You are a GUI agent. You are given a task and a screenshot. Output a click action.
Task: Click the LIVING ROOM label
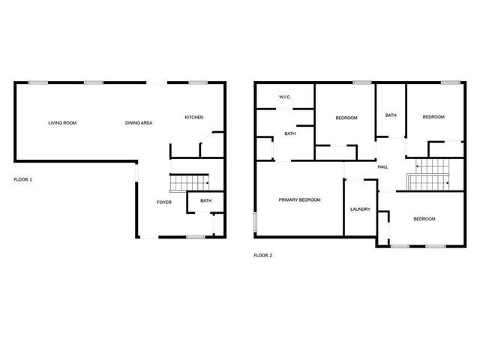[x=62, y=123]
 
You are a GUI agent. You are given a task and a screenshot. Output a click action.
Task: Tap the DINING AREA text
[x=139, y=123]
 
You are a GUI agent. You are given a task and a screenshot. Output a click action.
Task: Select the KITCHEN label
[x=194, y=117]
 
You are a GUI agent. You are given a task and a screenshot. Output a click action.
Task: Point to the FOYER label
[x=164, y=202]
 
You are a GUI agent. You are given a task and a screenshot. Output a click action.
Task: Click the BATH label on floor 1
[x=205, y=200]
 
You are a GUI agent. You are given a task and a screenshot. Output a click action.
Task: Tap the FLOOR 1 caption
[x=23, y=180]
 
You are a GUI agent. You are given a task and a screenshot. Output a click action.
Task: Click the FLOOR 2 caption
[x=263, y=256]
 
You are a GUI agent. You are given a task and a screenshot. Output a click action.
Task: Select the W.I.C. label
[x=285, y=97]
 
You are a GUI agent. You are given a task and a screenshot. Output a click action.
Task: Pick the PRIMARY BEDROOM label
[x=299, y=199]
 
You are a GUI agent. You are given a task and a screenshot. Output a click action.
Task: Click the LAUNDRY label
[x=360, y=209]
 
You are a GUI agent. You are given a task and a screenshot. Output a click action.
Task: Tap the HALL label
[x=382, y=166]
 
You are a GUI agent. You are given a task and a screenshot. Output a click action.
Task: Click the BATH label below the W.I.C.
[x=289, y=133]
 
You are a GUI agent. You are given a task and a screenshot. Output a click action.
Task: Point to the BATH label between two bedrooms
[x=391, y=115]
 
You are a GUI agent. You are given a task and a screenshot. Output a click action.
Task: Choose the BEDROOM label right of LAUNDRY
[x=424, y=218]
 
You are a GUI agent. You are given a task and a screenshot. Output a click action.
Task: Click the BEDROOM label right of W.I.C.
[x=346, y=118]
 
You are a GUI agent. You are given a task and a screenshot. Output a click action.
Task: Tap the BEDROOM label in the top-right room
[x=433, y=117]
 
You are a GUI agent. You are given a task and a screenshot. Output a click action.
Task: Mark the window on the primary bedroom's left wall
[x=254, y=223]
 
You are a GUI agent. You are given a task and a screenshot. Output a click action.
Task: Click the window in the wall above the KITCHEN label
[x=197, y=82]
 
